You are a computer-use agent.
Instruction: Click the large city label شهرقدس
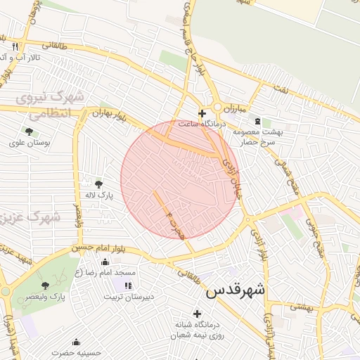coord(236,289)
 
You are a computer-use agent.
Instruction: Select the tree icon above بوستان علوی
coord(29,131)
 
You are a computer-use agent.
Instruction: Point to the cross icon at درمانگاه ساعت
coord(202,112)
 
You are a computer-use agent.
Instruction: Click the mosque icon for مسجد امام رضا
coord(105,262)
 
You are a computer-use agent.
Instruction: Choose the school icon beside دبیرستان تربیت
coord(127,285)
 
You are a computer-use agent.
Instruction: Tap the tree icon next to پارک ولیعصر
coord(46,285)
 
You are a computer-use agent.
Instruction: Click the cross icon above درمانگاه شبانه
coord(197,313)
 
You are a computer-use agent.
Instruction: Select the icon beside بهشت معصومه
coord(257,121)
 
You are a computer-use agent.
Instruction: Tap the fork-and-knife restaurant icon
coord(13,46)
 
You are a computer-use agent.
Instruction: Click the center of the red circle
coord(181,179)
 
